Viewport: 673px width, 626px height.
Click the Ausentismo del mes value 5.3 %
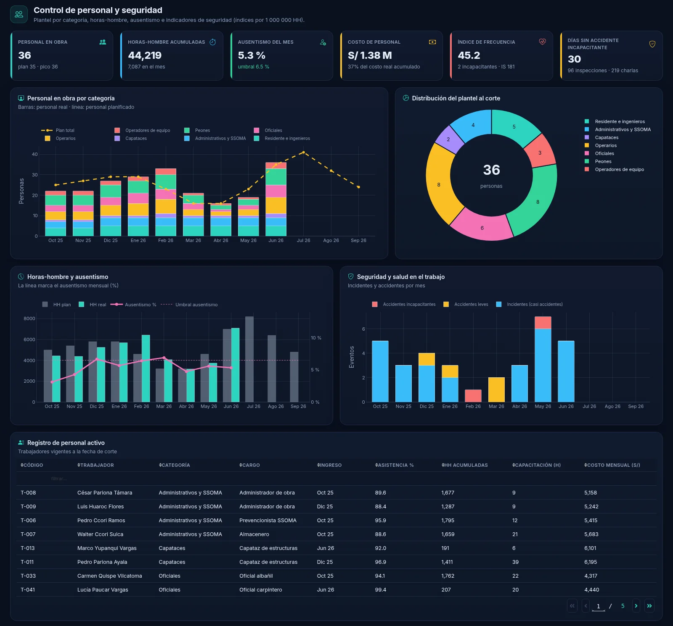[x=252, y=55]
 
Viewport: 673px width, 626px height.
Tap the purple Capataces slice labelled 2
[x=448, y=139]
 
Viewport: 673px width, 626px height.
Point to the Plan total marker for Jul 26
[x=303, y=152]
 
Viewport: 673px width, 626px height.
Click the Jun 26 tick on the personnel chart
[x=276, y=240]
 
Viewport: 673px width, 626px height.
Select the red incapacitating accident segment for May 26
[x=543, y=323]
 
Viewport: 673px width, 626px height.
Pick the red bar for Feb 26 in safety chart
[x=473, y=396]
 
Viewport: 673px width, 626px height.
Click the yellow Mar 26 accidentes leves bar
[x=496, y=390]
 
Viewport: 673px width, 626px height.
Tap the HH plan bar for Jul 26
[x=249, y=359]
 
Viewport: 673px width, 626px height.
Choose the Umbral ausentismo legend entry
[x=189, y=305]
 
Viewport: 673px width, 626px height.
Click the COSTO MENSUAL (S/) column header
[x=612, y=465]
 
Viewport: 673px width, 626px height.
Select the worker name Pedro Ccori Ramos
[x=101, y=520]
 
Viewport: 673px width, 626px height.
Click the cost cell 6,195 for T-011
[x=591, y=562]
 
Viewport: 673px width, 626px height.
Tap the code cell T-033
[x=28, y=576]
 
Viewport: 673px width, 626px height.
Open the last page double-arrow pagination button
[x=649, y=606]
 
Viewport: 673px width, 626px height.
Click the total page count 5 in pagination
[x=623, y=606]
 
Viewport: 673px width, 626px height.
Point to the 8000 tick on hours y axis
[x=29, y=318]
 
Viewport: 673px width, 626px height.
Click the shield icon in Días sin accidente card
[x=652, y=44]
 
